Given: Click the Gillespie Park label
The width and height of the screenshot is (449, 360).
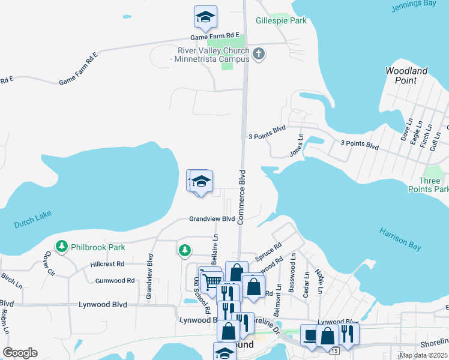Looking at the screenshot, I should tap(281, 20).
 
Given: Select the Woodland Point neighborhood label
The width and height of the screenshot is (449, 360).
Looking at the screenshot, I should tap(406, 76).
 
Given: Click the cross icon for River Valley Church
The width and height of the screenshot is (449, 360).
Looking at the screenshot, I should tap(259, 55).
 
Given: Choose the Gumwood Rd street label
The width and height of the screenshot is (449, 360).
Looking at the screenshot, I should tap(115, 281).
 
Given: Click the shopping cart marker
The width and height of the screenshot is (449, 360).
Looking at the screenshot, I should tap(212, 280).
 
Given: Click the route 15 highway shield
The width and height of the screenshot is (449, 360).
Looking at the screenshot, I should tap(334, 350).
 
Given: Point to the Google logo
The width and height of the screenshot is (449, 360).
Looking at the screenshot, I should tap(20, 353).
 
